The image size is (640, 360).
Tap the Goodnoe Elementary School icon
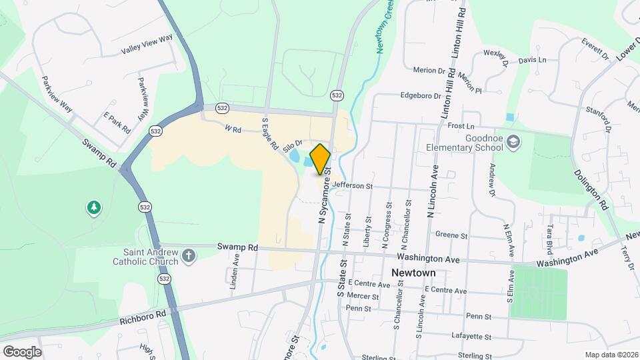click(513, 141)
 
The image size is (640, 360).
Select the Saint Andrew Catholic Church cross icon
click(189, 255)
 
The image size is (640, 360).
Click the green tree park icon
click(94, 209)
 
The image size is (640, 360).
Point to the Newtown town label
click(413, 273)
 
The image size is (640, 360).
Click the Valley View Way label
click(147, 45)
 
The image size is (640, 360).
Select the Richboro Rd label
click(143, 317)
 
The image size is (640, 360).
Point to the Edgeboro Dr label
click(421, 95)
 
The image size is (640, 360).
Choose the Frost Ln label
click(461, 126)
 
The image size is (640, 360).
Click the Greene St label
click(451, 235)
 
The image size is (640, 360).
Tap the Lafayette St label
click(471, 337)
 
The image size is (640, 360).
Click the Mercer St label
click(363, 296)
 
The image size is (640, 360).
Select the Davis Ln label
click(532, 60)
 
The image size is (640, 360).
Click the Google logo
click(22, 351)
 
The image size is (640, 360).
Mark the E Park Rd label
click(117, 122)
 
